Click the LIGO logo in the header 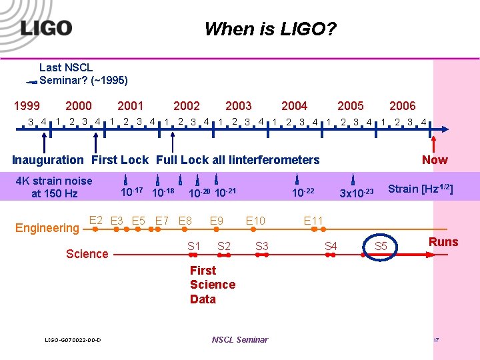click(45, 27)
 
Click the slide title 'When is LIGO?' click(270, 29)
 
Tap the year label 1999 click(27, 105)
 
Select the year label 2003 click(238, 105)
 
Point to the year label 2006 click(402, 105)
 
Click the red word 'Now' click(435, 160)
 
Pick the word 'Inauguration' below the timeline click(48, 160)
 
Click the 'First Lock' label click(120, 160)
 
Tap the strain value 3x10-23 click(357, 194)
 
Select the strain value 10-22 click(303, 193)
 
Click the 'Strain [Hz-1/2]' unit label click(421, 189)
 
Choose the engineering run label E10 click(255, 221)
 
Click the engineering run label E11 click(313, 221)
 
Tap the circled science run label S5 click(381, 247)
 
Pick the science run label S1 click(193, 246)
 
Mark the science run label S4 click(331, 247)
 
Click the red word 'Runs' click(443, 242)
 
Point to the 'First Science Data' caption click(212, 285)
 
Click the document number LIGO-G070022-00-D click(73, 341)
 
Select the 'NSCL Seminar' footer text click(239, 340)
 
